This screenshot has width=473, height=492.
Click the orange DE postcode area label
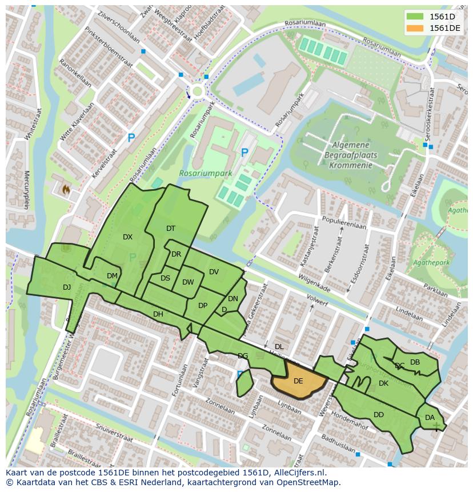click(298, 381)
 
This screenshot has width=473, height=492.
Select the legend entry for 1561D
click(434, 17)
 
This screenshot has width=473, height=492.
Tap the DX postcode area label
click(127, 237)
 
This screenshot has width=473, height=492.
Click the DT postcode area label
click(171, 229)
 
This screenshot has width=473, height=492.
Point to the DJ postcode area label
click(67, 287)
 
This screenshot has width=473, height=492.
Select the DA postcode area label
click(430, 418)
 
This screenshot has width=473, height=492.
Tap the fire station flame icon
click(66, 188)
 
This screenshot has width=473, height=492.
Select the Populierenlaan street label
click(344, 226)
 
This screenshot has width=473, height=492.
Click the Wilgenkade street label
click(313, 279)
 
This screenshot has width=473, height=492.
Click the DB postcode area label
click(415, 362)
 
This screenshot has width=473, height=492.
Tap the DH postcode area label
click(158, 314)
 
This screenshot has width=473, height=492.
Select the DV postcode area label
click(214, 272)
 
